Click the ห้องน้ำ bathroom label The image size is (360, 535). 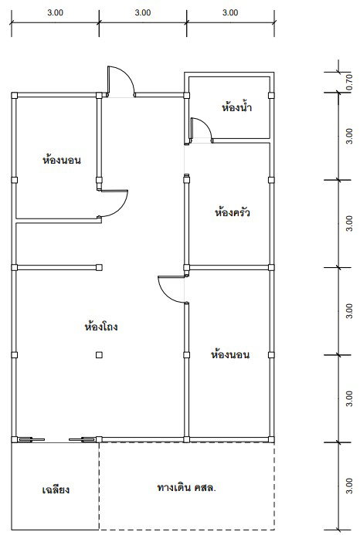tap(236, 107)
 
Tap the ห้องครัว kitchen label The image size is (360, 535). tap(233, 212)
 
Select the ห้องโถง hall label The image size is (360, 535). tap(101, 327)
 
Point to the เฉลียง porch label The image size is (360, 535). tap(56, 489)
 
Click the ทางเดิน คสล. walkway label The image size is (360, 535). tap(186, 487)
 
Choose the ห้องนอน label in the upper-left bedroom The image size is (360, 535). tap(62, 160)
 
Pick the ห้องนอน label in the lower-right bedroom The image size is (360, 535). tap(230, 354)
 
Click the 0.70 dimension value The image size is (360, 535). tap(348, 82)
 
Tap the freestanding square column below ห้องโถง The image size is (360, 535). tap(99, 355)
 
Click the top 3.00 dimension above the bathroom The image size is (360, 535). tap(230, 12)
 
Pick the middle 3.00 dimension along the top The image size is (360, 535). tap(143, 12)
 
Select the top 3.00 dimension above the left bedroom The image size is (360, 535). tap(56, 12)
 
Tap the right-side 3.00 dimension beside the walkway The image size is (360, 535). tap(348, 486)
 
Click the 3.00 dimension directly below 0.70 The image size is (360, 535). tap(348, 136)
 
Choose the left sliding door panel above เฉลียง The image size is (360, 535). tap(31, 439)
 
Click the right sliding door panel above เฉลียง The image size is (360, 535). tap(83, 439)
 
